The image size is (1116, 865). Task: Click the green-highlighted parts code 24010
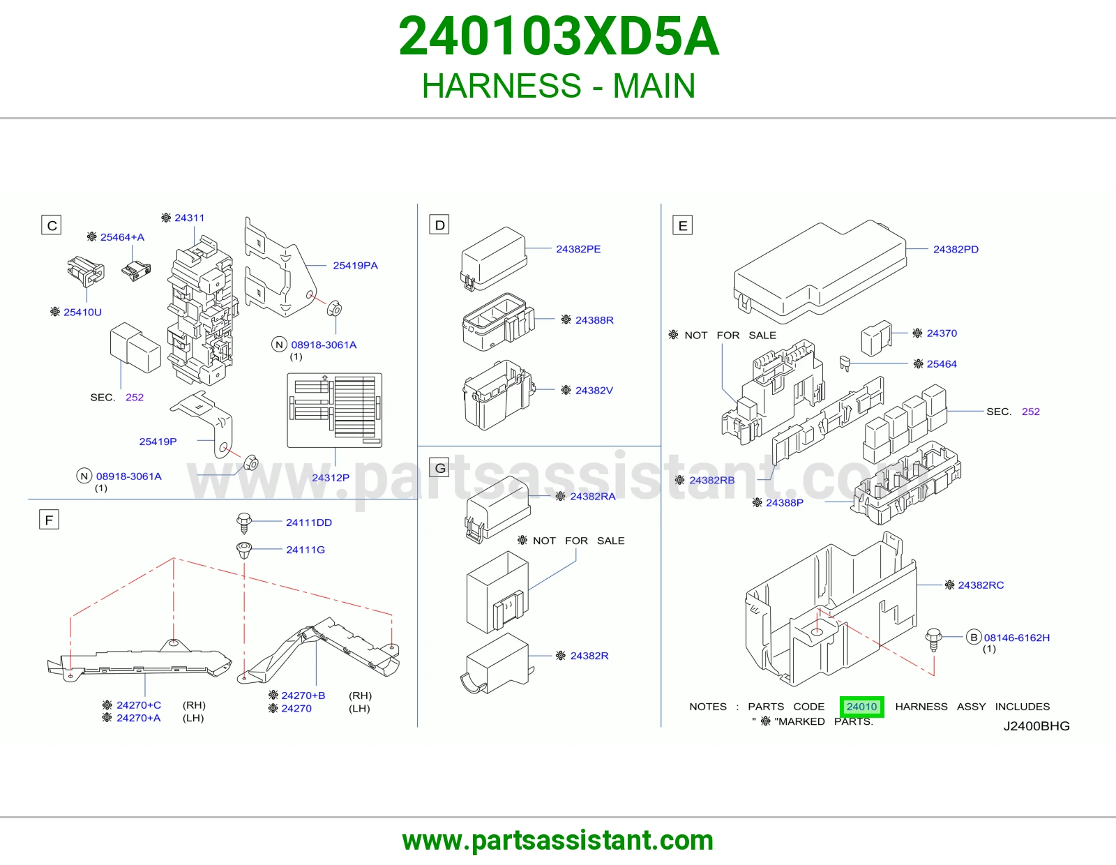861,706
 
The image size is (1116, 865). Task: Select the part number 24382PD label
956,249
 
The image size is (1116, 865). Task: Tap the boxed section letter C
52,225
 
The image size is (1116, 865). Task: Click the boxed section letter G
439,468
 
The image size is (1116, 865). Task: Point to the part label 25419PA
355,266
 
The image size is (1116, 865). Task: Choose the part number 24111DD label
309,522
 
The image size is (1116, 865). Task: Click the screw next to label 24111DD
244,522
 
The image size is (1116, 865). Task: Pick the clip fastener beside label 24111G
244,550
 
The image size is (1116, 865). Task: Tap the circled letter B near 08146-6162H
974,637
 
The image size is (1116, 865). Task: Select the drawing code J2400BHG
1036,725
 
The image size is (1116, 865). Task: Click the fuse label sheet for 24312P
334,410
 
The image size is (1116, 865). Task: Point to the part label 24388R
594,320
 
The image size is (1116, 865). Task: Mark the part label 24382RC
981,585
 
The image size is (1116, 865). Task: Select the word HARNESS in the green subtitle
502,86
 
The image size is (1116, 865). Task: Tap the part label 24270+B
303,695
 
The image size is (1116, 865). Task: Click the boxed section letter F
49,519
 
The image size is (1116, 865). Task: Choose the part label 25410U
82,312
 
